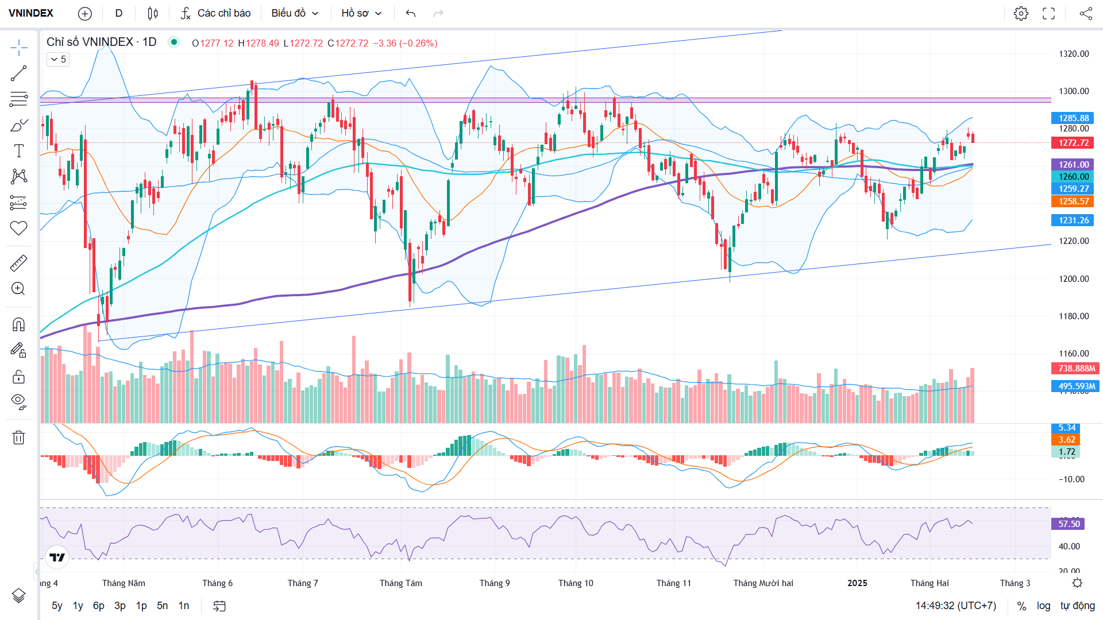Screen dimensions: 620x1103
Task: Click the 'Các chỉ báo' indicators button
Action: point(216,13)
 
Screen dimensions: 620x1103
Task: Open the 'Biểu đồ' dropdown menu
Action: point(295,13)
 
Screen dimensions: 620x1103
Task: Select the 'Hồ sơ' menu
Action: point(361,13)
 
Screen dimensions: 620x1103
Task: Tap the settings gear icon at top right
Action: point(1021,13)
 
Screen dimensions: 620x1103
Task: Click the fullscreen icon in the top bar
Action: point(1048,13)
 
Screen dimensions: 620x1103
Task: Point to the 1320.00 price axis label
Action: point(1074,54)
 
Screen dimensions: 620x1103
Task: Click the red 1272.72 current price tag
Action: point(1073,143)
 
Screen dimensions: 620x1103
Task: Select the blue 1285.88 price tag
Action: point(1073,118)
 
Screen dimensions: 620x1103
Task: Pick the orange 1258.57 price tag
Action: point(1073,201)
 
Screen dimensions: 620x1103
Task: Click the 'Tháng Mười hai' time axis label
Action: point(763,583)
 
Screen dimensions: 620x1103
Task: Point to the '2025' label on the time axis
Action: point(857,583)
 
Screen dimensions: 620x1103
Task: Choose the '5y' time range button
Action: point(57,606)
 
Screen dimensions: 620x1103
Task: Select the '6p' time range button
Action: point(99,606)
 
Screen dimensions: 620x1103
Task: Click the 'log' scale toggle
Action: point(1043,606)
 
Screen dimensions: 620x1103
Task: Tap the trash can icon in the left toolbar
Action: point(18,437)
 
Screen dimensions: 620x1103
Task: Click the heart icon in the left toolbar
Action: point(18,228)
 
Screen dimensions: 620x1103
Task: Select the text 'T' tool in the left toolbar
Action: point(18,151)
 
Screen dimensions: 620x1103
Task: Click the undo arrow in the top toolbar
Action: point(410,13)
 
